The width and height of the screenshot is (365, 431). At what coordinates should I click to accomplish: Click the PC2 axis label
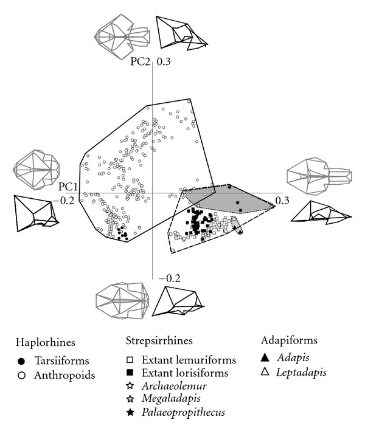click(141, 62)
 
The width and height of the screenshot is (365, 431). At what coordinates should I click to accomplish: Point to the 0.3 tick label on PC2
click(164, 62)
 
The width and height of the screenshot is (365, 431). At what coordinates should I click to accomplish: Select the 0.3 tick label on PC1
click(282, 199)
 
